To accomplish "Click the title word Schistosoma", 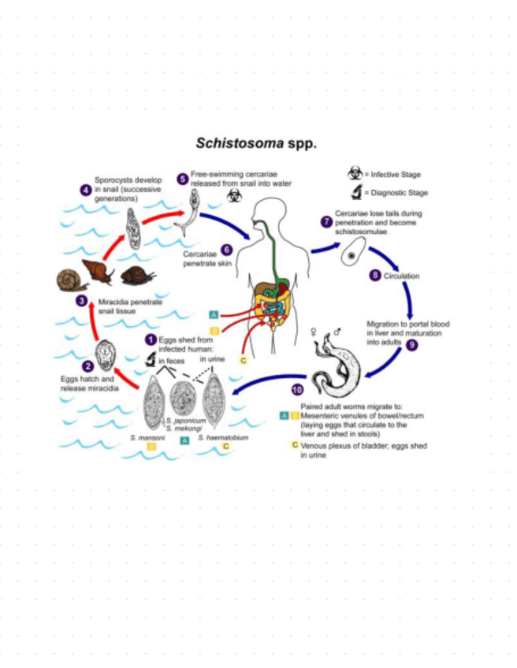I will click(x=231, y=144).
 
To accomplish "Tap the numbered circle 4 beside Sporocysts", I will click(x=85, y=190).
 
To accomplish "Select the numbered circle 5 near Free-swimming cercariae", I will click(x=182, y=179).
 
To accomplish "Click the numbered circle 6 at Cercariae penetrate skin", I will click(x=226, y=249).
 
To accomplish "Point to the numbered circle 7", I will click(x=325, y=222).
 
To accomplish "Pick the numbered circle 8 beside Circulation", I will click(x=374, y=276).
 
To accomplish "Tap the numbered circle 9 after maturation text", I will click(x=411, y=344).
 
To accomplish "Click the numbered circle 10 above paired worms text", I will click(x=296, y=389).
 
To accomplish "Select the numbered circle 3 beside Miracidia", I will click(x=82, y=301).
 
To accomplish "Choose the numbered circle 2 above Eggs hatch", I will click(x=87, y=366).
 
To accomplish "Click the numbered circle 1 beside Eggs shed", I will click(x=150, y=339).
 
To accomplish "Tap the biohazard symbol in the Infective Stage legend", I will click(x=356, y=173).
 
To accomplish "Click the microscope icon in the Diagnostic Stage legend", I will click(x=356, y=192).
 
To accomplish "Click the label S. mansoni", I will click(x=147, y=436).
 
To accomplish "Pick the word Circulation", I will click(x=401, y=276).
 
